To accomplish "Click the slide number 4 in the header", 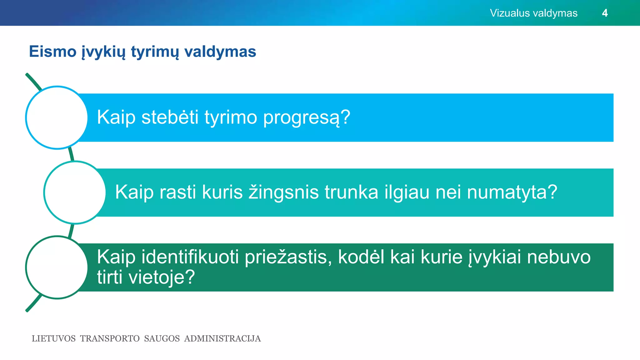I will (605, 13).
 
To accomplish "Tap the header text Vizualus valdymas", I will (533, 13).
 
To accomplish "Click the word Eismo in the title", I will (52, 52).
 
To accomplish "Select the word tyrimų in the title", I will (155, 52).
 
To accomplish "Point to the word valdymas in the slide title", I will (220, 52).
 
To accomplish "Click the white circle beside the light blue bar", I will (57, 117).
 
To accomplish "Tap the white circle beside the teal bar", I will (75, 192).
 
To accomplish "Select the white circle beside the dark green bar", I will (57, 267).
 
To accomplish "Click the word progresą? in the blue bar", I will (307, 118).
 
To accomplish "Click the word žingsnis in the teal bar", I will (283, 192).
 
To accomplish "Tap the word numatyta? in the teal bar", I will (512, 192).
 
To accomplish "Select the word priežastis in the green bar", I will (288, 257).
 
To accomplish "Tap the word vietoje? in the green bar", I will (162, 277).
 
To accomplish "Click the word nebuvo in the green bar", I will (558, 257).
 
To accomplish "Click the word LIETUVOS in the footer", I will (53, 339).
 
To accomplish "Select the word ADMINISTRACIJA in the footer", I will (222, 339).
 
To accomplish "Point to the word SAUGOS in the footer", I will (162, 339).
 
